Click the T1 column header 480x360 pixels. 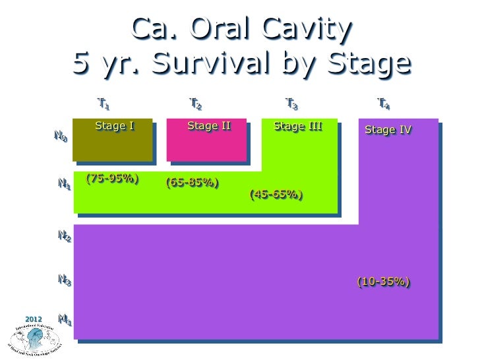click(x=104, y=104)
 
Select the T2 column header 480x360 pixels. click(x=195, y=104)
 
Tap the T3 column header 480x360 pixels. click(x=291, y=104)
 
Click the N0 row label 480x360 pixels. click(x=60, y=137)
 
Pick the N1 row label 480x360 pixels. click(x=64, y=186)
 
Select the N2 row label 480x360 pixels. click(x=64, y=236)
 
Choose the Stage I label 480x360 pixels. click(x=115, y=125)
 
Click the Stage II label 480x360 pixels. click(x=209, y=125)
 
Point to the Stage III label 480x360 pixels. click(x=297, y=125)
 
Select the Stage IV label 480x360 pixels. click(x=388, y=130)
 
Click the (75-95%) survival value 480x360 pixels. click(x=112, y=178)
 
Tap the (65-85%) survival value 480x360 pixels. click(x=193, y=182)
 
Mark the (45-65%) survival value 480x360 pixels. click(x=276, y=195)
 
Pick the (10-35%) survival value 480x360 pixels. click(x=384, y=282)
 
